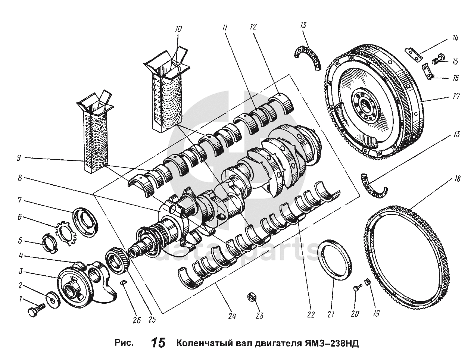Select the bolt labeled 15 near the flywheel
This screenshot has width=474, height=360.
coord(438,59)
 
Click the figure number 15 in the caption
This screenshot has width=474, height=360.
coord(158,343)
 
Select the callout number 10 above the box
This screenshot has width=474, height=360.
coord(178,29)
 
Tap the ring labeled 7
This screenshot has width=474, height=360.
coord(85,222)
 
